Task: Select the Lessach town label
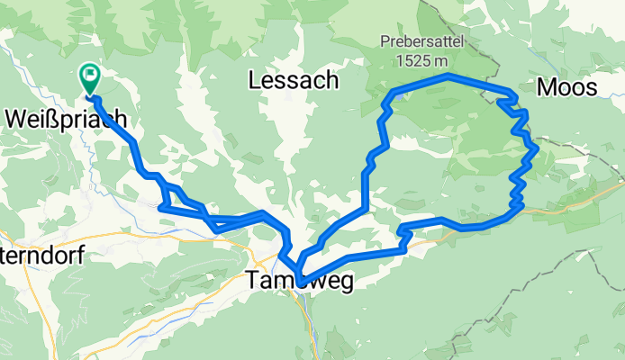tap(293, 80)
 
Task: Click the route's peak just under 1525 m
tap(448, 76)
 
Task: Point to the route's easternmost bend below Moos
tap(537, 147)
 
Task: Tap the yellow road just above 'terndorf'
tap(72, 236)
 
